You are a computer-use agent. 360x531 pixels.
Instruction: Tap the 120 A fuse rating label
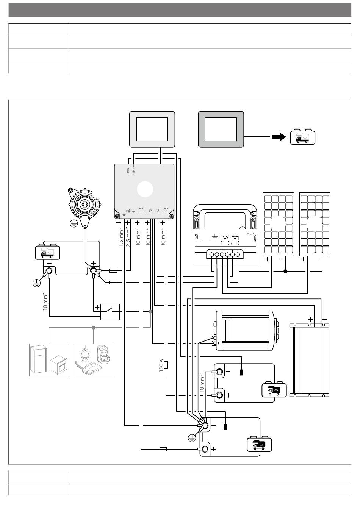click(x=161, y=365)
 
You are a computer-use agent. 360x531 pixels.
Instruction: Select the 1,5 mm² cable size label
click(x=121, y=237)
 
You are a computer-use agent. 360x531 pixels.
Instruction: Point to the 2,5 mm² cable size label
click(x=128, y=237)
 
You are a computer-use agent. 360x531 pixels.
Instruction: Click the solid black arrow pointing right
click(x=279, y=137)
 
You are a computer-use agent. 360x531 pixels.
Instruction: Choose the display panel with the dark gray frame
click(x=221, y=130)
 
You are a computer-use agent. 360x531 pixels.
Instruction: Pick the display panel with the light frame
click(x=152, y=130)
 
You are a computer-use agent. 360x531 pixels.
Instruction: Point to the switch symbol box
click(x=110, y=312)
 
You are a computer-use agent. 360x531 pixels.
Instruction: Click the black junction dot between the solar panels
click(x=285, y=271)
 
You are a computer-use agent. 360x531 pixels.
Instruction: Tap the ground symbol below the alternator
click(x=74, y=223)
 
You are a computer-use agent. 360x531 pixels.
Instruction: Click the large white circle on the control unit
click(x=145, y=189)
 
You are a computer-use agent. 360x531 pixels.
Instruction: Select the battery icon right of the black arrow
click(x=303, y=137)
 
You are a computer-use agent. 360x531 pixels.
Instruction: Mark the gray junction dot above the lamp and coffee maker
click(x=94, y=327)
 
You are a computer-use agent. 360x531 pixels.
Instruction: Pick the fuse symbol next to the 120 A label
click(x=166, y=365)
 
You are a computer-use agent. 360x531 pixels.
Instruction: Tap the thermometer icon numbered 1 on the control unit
click(x=128, y=171)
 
